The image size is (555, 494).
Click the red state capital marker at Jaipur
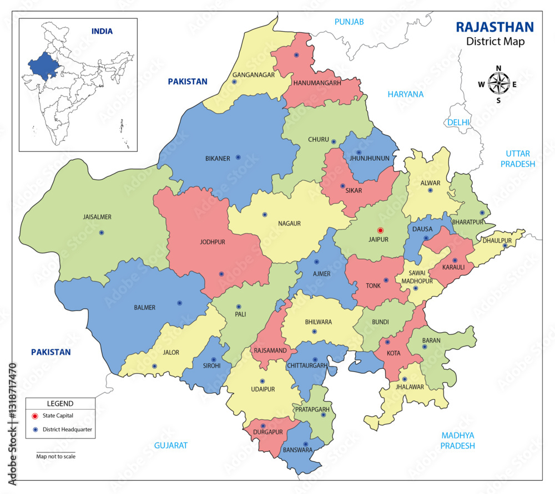tap(380, 230)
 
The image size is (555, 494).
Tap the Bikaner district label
tap(218, 159)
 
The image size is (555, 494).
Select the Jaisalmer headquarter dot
tap(102, 232)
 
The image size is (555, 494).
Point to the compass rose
tap(498, 84)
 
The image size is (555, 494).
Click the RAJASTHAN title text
tap(495, 27)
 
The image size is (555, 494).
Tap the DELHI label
tap(458, 122)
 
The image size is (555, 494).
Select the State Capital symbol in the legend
tap(35, 416)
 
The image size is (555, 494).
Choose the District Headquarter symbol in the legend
tap(35, 429)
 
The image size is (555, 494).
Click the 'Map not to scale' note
tap(56, 456)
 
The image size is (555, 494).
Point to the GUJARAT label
tap(171, 445)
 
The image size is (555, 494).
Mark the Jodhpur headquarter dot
tap(221, 274)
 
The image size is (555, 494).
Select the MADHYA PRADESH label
tap(458, 440)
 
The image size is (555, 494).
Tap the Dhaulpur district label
tap(496, 241)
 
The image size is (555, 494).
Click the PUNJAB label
tap(349, 22)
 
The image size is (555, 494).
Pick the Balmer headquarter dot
tap(179, 303)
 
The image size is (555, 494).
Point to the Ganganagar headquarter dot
tap(234, 82)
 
